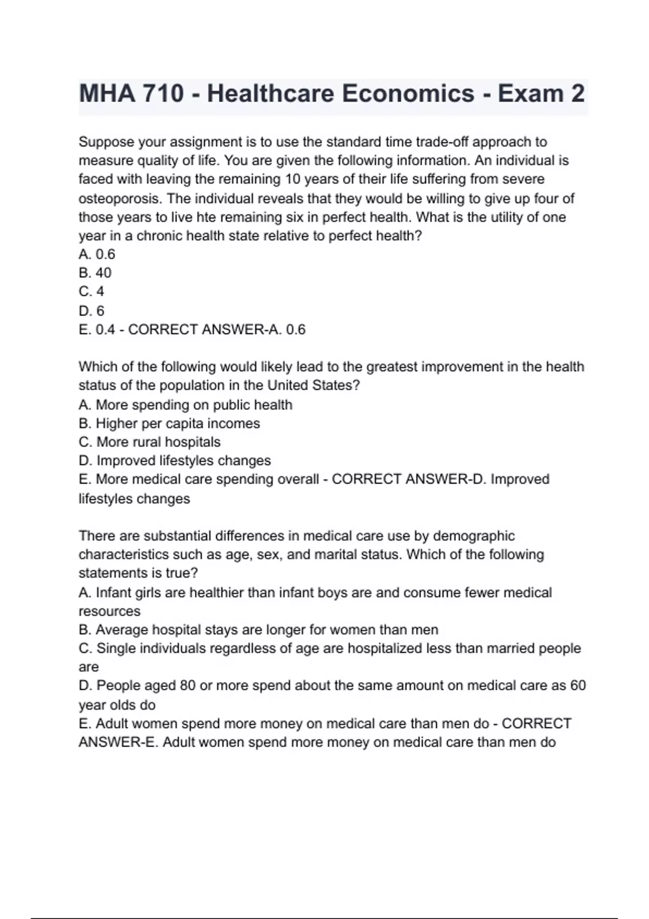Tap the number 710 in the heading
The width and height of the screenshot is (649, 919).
[x=163, y=94]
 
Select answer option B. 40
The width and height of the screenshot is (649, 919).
[x=95, y=272]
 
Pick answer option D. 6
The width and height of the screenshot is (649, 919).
[x=91, y=311]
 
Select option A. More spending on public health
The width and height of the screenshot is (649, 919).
[x=185, y=405]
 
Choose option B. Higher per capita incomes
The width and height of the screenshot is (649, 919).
[x=169, y=423]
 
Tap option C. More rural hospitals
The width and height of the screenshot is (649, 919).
[x=149, y=442]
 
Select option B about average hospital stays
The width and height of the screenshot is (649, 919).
[x=258, y=630]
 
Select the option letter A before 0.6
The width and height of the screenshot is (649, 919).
[x=84, y=254]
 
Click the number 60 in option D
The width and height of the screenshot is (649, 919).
[x=578, y=685]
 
